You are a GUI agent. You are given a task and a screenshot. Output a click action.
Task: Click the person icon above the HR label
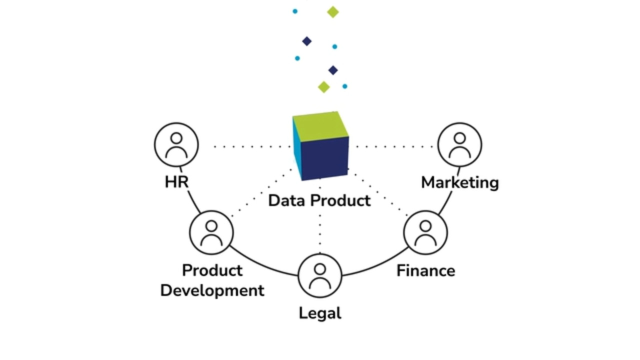(x=177, y=146)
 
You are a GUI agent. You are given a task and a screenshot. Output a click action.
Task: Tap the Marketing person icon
(x=459, y=146)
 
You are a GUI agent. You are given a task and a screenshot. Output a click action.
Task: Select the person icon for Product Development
(x=211, y=233)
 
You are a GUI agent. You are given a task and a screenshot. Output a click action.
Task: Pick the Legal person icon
(x=320, y=275)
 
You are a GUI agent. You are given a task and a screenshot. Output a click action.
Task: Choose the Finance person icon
(x=424, y=233)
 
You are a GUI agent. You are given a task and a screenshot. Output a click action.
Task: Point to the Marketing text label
(x=459, y=183)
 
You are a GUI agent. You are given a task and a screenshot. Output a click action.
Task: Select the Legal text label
(x=320, y=314)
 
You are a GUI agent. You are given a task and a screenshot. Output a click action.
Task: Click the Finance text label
(x=426, y=270)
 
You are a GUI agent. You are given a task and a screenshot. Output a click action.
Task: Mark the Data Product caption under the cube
(x=319, y=201)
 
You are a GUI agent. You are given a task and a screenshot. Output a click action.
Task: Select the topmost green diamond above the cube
(x=332, y=12)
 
